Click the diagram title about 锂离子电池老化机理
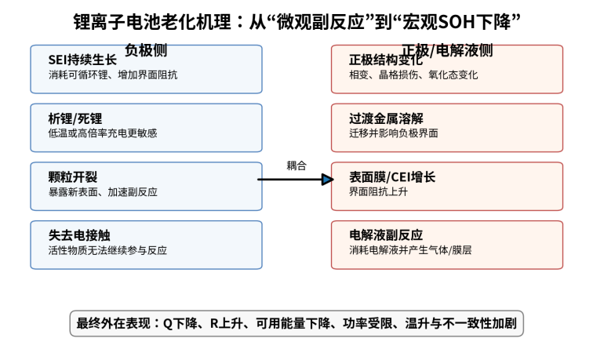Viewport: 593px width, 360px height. (296, 21)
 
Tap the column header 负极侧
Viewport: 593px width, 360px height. (146, 49)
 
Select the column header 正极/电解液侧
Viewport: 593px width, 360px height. (447, 50)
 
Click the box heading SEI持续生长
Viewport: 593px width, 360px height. (82, 60)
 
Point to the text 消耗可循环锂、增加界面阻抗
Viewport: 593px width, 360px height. (113, 75)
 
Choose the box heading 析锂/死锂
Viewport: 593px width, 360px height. (75, 118)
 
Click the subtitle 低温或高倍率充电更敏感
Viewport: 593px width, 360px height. (103, 133)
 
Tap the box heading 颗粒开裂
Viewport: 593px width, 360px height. (73, 177)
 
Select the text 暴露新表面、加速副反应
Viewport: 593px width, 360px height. (103, 192)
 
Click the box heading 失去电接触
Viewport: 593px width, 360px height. (79, 235)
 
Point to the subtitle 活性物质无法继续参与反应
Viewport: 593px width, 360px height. (107, 250)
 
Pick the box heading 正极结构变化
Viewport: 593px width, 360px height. (386, 60)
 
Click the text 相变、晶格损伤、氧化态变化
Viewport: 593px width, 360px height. (413, 75)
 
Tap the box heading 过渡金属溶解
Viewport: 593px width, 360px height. (386, 118)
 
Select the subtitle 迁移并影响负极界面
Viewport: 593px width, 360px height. (393, 133)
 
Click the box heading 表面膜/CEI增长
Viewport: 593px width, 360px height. (392, 177)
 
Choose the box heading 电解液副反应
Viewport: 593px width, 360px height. (386, 235)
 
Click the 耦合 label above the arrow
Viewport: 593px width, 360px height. (296, 165)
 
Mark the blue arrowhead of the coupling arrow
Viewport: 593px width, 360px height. (328, 180)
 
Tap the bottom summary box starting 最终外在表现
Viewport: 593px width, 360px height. (296, 323)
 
